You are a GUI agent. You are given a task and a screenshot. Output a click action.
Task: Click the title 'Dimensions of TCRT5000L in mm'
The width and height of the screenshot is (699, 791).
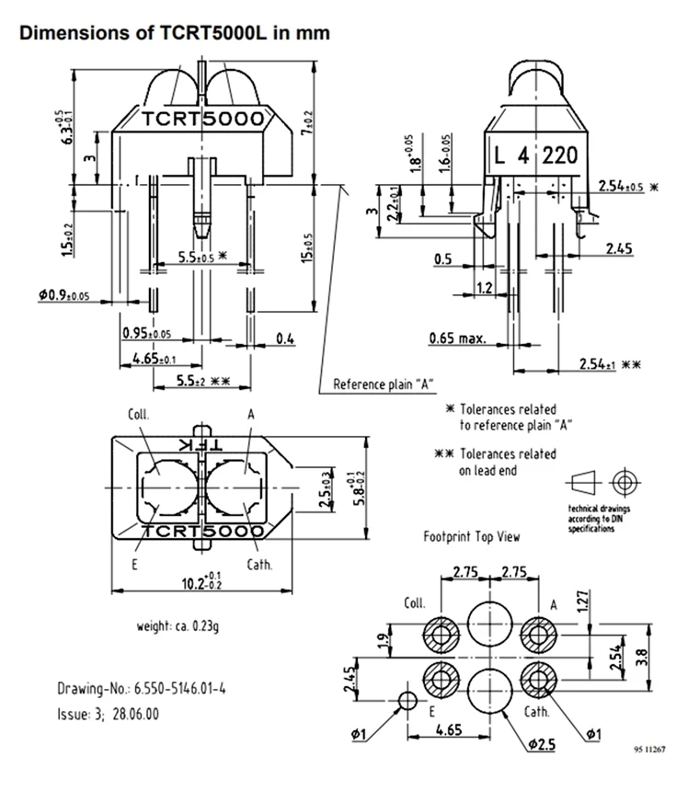(175, 33)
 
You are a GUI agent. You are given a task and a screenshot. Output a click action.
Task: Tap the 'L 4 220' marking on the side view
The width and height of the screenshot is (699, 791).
(534, 155)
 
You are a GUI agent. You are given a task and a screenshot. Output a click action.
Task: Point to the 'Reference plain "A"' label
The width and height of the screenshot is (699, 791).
(384, 384)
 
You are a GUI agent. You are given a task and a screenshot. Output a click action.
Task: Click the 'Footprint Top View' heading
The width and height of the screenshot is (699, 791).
(471, 536)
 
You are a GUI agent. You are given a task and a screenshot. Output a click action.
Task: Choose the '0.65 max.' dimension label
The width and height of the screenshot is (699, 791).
(457, 338)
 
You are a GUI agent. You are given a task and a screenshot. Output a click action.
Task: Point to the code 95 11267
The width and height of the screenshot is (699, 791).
(650, 750)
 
